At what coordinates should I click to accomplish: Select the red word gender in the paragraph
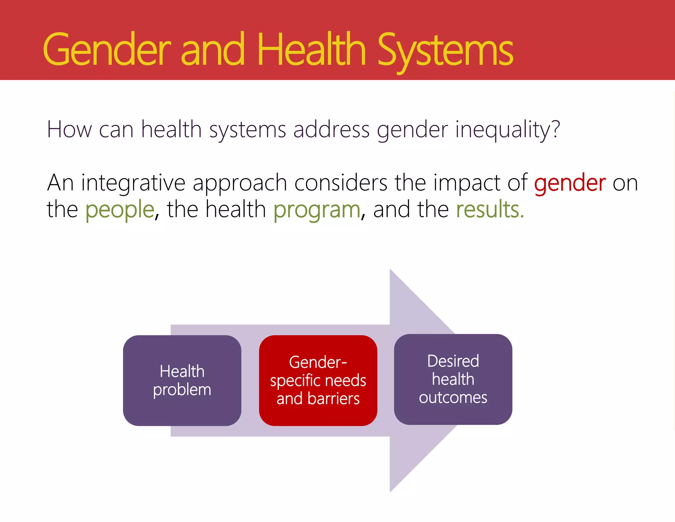point(570,183)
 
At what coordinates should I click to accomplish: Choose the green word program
point(317,210)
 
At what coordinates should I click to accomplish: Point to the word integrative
point(133,183)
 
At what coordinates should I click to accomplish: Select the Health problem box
point(182,380)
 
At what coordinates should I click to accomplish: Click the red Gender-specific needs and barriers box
point(318,380)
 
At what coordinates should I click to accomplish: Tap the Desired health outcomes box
point(453,379)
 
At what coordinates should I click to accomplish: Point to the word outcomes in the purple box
point(453,398)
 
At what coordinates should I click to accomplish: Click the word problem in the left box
point(182,390)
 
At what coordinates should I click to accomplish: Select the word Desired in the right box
point(453,361)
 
